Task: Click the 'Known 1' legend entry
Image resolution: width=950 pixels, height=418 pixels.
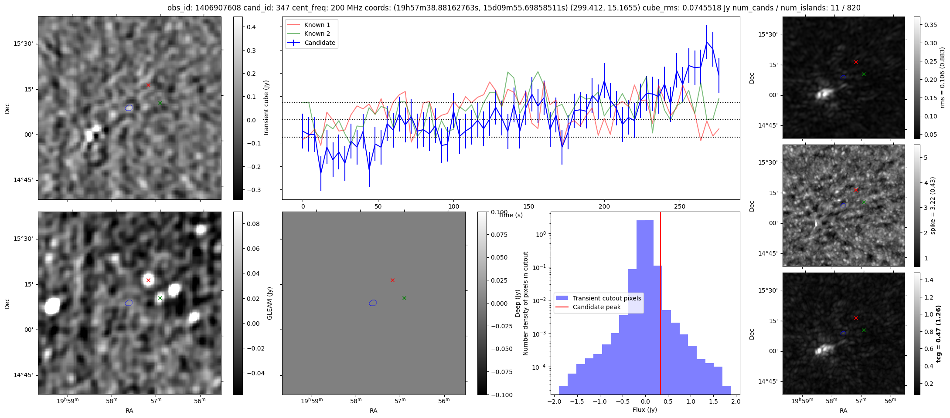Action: [x=317, y=25]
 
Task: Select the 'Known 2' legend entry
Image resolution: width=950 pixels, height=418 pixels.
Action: [x=317, y=34]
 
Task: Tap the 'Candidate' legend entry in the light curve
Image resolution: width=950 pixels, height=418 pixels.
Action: [x=320, y=43]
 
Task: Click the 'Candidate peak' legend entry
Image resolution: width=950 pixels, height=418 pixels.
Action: [x=596, y=307]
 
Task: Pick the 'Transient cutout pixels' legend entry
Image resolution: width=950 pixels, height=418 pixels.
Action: [x=606, y=298]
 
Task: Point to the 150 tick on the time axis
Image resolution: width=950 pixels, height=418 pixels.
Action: [x=529, y=206]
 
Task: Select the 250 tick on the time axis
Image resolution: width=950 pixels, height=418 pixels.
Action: [x=679, y=206]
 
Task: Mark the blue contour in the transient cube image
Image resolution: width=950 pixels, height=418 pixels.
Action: [x=129, y=108]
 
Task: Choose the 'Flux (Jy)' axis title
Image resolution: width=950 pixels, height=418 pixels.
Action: [x=644, y=410]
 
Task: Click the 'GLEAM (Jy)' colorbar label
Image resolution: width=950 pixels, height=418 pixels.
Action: [x=269, y=303]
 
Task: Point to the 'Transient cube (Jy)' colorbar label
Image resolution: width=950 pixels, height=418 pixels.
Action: [x=266, y=108]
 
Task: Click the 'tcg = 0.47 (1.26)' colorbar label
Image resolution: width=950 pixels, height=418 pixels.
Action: [x=939, y=334]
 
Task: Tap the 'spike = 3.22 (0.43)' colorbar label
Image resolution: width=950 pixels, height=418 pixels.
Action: [x=933, y=206]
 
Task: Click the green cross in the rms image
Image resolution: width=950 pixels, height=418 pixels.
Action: [x=864, y=74]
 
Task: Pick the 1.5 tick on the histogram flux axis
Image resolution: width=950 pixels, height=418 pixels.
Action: [x=713, y=401]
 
